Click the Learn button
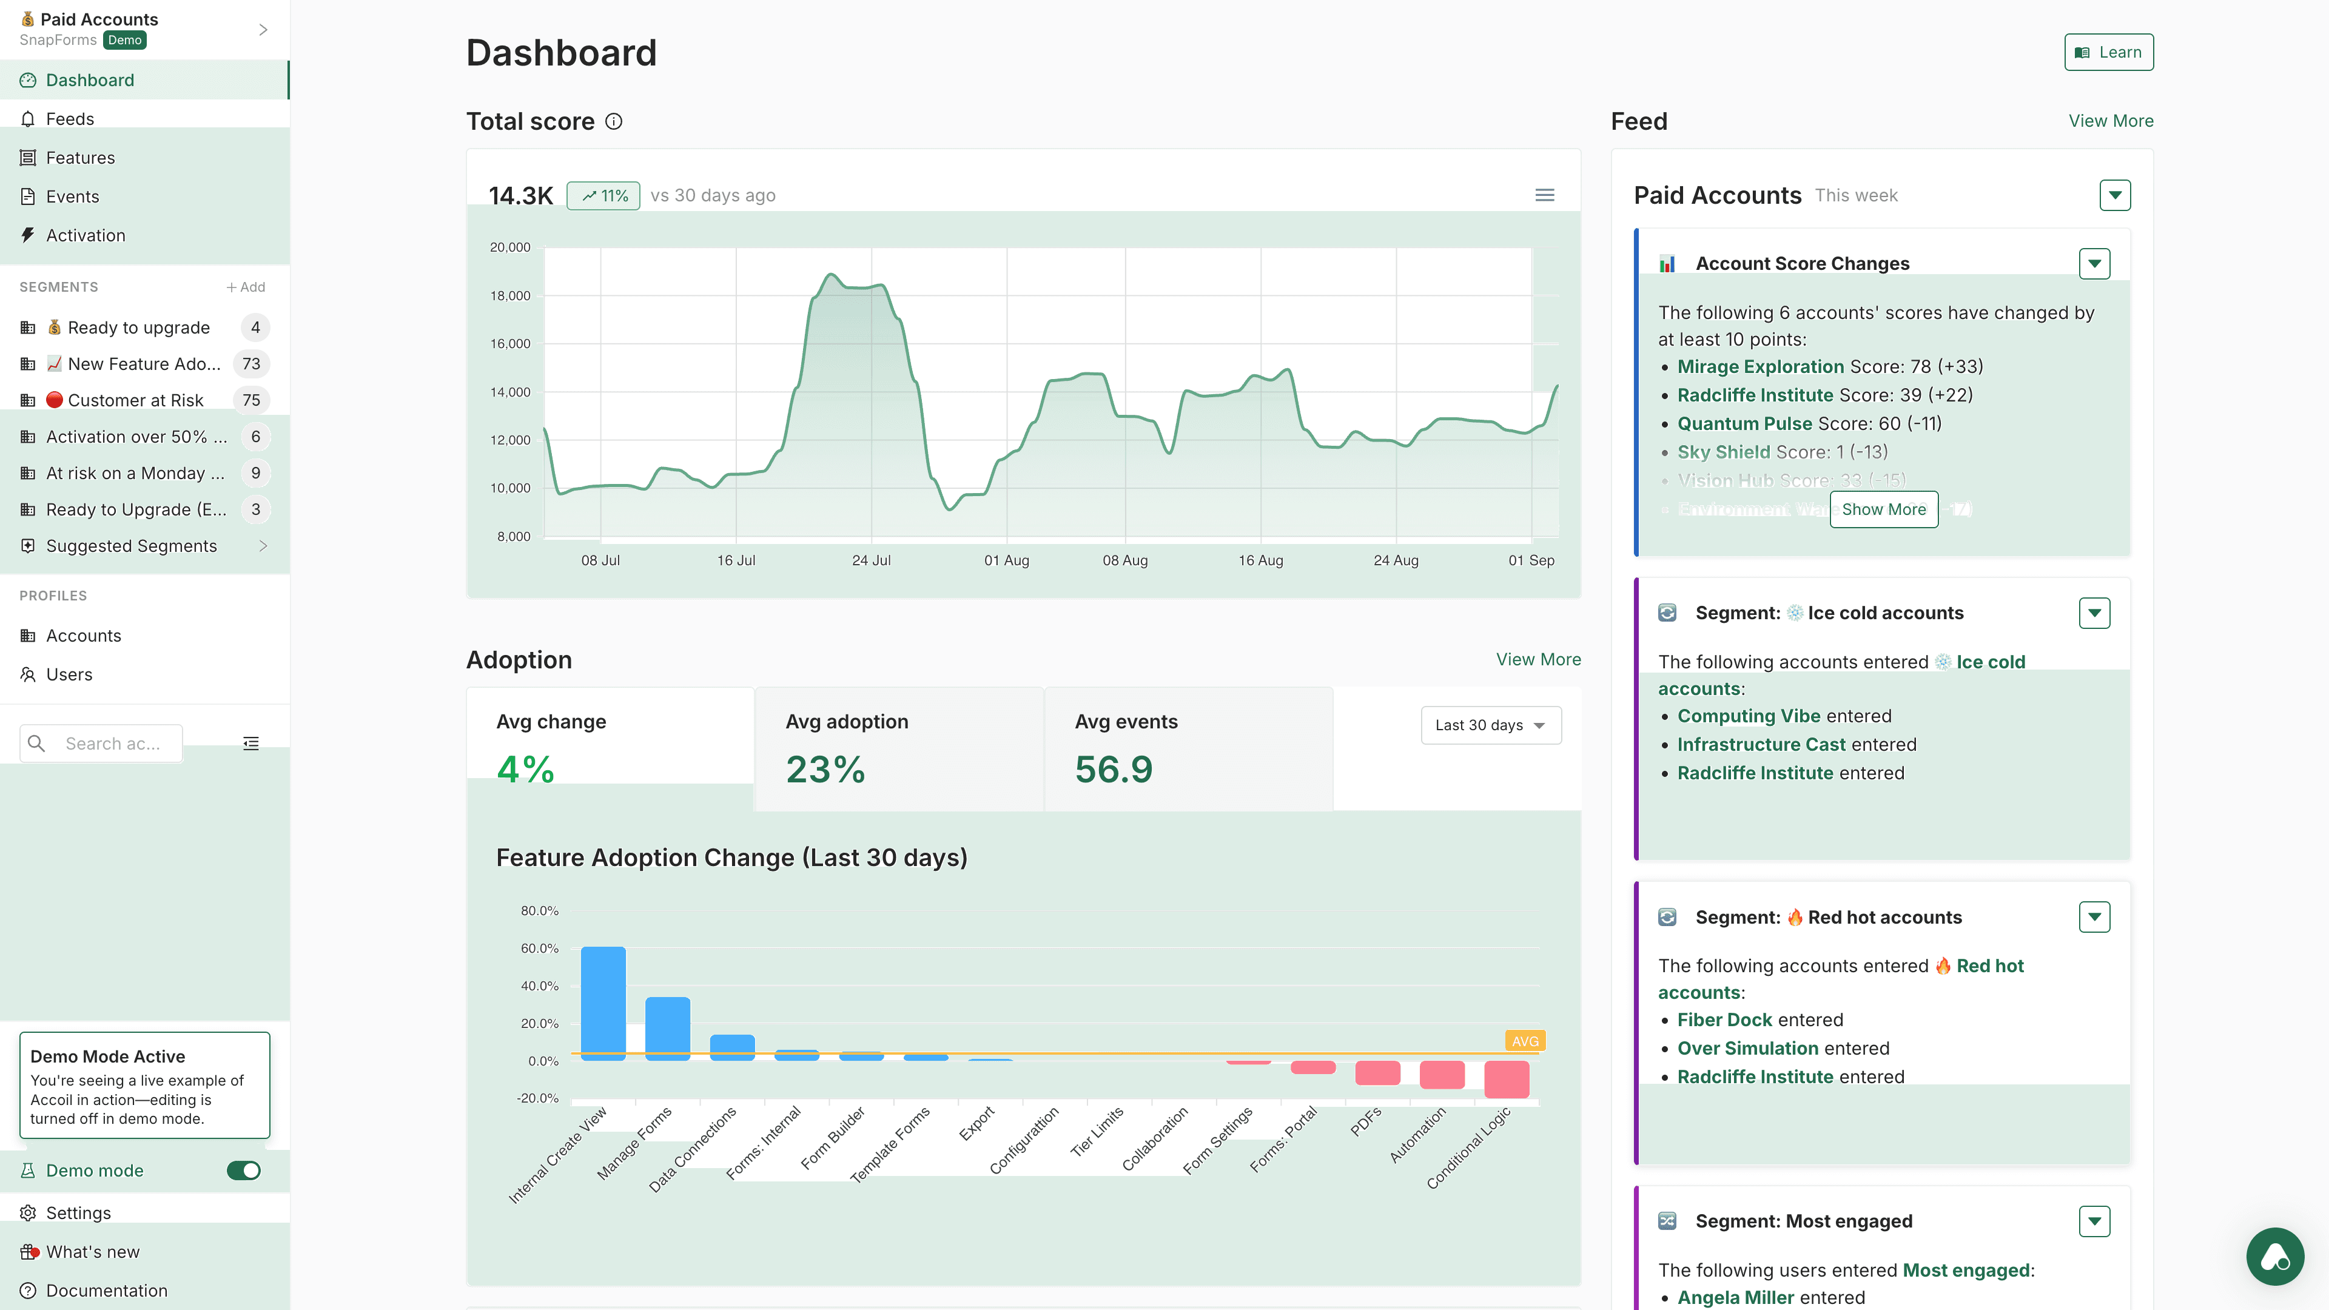[x=2108, y=52]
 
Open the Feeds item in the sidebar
[x=70, y=118]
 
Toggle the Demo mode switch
[x=243, y=1171]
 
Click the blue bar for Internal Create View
[x=603, y=1002]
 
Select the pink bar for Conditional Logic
[x=1506, y=1078]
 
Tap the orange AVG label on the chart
[x=1524, y=1041]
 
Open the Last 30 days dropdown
[x=1490, y=725]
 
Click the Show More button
[x=1883, y=509]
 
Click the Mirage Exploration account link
[x=1759, y=366]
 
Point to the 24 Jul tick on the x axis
[x=871, y=560]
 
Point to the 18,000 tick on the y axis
[x=510, y=295]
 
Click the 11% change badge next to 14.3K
[x=603, y=196]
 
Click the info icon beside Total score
[x=614, y=121]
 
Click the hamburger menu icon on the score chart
[x=1544, y=195]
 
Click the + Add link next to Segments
[x=245, y=287]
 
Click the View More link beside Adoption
[x=1538, y=659]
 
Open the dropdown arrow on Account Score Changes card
[x=2094, y=264]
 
